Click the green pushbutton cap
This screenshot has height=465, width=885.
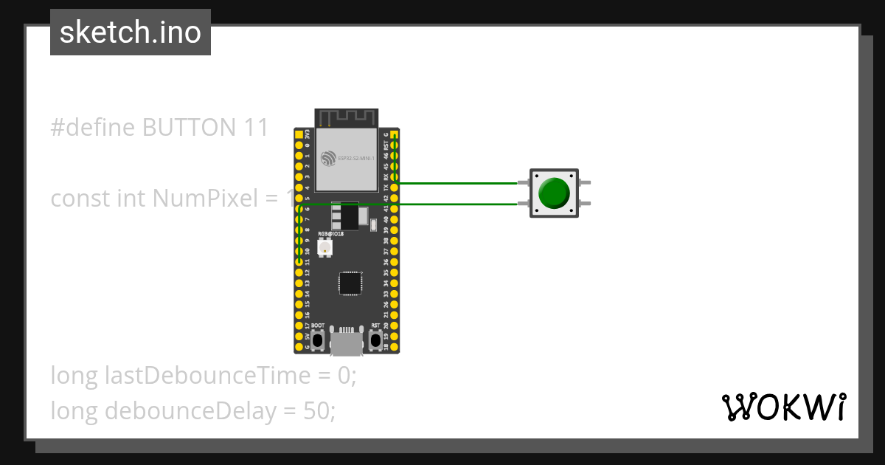554,193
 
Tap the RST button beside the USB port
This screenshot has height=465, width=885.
375,340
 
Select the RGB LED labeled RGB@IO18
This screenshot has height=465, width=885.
324,248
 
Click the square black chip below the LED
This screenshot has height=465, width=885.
350,283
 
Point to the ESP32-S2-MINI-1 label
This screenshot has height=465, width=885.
357,158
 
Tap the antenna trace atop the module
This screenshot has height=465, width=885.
347,117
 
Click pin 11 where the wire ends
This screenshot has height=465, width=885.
299,262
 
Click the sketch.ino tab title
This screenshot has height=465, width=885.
131,32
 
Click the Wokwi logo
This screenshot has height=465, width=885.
783,407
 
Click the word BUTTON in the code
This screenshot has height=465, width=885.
188,128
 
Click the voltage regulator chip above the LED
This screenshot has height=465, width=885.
345,216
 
